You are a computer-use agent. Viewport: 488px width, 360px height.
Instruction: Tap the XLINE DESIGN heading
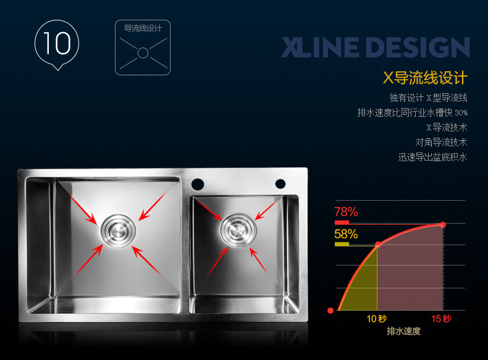[x=375, y=48]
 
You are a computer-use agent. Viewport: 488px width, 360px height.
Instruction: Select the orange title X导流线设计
[x=425, y=78]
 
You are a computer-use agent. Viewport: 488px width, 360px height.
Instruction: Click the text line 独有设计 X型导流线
[x=428, y=98]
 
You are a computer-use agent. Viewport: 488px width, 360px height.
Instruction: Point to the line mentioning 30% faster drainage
[x=412, y=113]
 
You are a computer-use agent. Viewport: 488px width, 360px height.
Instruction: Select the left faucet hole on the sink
[x=198, y=183]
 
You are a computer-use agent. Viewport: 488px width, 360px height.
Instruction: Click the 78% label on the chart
[x=346, y=212]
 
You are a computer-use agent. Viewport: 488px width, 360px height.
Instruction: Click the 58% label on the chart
[x=346, y=234]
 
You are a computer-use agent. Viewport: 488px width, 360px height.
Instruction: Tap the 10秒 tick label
[x=377, y=319]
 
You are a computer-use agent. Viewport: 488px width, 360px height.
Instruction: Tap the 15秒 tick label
[x=442, y=319]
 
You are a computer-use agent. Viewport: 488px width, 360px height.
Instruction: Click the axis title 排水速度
[x=403, y=332]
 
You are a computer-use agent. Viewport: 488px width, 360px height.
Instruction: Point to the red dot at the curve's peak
[x=443, y=224]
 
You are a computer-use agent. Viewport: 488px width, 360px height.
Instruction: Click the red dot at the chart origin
[x=330, y=310]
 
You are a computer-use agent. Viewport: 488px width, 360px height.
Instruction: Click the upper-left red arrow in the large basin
[x=83, y=208]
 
